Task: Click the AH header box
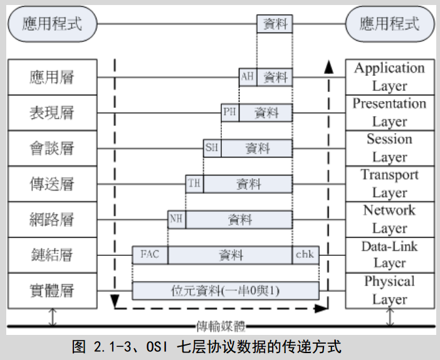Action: pyautogui.click(x=248, y=77)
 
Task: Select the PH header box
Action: pyautogui.click(x=230, y=113)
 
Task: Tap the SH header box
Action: pyautogui.click(x=212, y=149)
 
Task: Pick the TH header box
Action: pyautogui.click(x=194, y=184)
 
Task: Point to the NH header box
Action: pyautogui.click(x=176, y=220)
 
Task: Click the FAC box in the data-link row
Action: pyautogui.click(x=150, y=255)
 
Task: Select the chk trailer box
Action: pyautogui.click(x=306, y=255)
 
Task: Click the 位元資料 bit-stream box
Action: pyautogui.click(x=226, y=291)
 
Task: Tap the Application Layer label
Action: pyautogui.click(x=389, y=77)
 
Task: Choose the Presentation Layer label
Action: pyautogui.click(x=389, y=112)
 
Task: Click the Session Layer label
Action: pyautogui.click(x=389, y=148)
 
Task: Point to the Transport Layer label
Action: pyautogui.click(x=389, y=183)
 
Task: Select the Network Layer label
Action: pyautogui.click(x=389, y=219)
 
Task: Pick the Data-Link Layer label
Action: pyautogui.click(x=389, y=255)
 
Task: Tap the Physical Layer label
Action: pyautogui.click(x=389, y=290)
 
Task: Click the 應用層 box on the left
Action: pyautogui.click(x=53, y=77)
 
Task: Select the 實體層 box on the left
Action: pyautogui.click(x=53, y=290)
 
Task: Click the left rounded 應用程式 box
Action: pyautogui.click(x=53, y=25)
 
